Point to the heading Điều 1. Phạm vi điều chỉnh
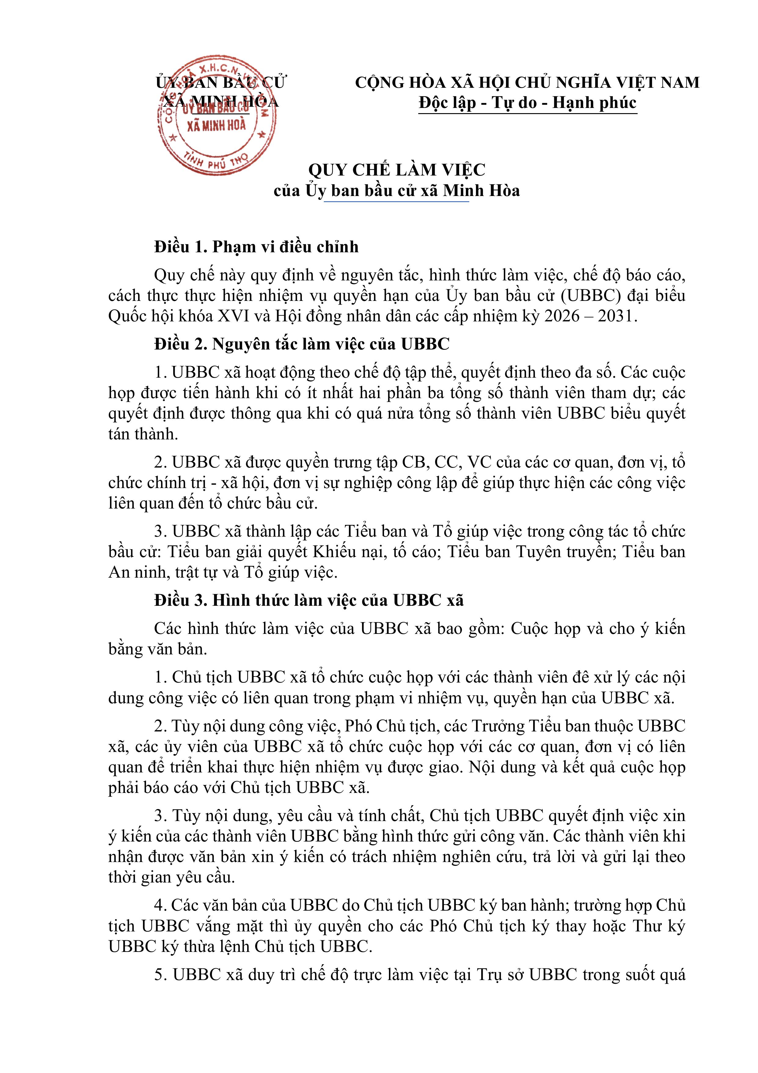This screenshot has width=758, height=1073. click(256, 247)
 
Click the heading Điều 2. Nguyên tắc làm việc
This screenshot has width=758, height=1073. click(302, 344)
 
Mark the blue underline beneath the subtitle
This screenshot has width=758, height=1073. click(397, 202)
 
